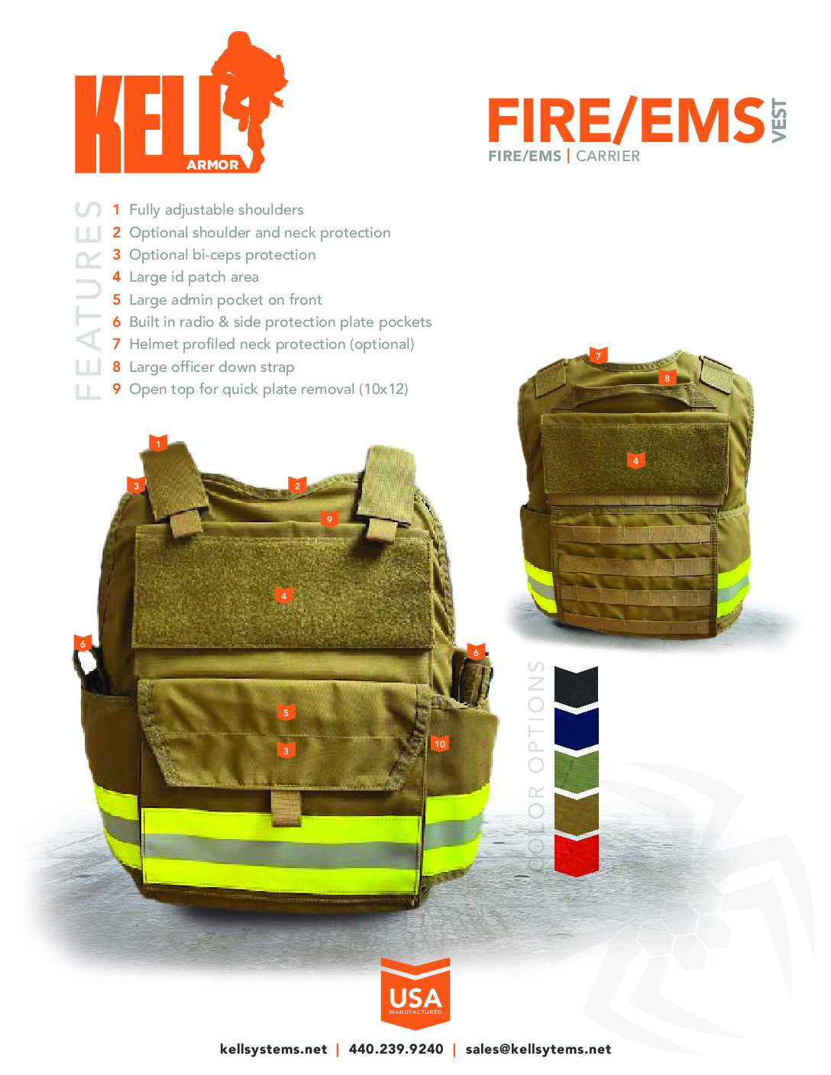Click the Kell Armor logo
[x=181, y=103]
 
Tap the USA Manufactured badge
[x=415, y=993]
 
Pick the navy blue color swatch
[x=576, y=728]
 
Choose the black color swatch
[x=576, y=686]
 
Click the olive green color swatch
[x=576, y=771]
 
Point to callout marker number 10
[x=439, y=744]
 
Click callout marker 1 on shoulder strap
[x=158, y=444]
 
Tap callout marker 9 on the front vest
[x=329, y=519]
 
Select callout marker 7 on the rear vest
[x=598, y=356]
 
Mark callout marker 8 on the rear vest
[x=667, y=378]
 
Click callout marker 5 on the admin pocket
[x=286, y=712]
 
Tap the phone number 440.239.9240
[x=396, y=1049]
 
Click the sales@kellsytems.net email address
[x=538, y=1049]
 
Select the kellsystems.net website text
[x=273, y=1049]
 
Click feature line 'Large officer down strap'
[x=212, y=366]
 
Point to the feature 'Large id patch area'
[x=193, y=277]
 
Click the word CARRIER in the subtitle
[x=608, y=157]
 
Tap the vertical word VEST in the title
[x=778, y=121]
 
